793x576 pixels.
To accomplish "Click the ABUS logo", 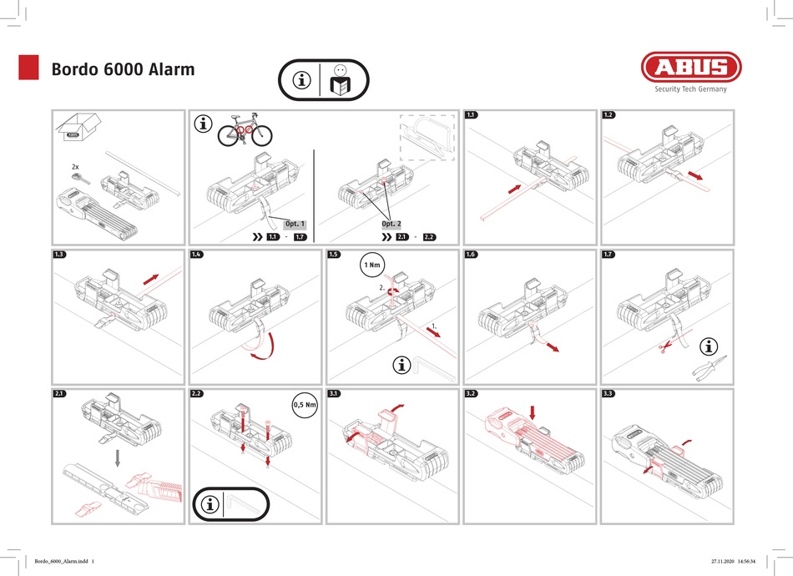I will (x=690, y=68).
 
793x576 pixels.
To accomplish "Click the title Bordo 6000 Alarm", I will (x=123, y=68).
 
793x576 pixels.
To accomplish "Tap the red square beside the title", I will (x=29, y=68).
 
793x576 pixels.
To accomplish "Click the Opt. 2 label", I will (x=391, y=224).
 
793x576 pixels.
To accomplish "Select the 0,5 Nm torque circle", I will (x=306, y=406).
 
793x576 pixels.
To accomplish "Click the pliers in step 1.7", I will (x=709, y=367).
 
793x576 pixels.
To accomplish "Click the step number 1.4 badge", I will (x=197, y=254).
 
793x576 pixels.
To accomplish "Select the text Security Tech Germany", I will (x=690, y=89).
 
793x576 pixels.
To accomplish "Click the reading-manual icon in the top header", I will (x=338, y=81).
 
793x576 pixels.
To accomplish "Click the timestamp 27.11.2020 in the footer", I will (x=730, y=561).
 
